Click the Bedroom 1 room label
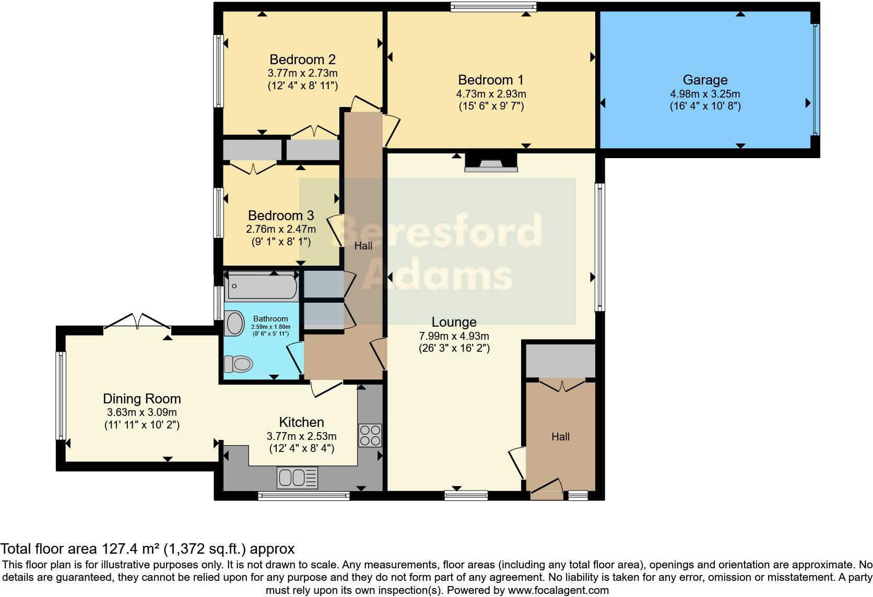(490, 80)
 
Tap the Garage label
(705, 80)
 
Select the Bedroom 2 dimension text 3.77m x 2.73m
(303, 73)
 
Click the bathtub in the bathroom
(262, 286)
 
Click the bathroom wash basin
(234, 324)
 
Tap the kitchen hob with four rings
(370, 436)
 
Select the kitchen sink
(297, 477)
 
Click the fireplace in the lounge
(491, 163)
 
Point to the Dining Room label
(141, 399)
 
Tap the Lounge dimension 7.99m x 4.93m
(454, 336)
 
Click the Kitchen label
(301, 422)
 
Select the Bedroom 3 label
(281, 216)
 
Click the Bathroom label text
(270, 319)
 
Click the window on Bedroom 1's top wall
(493, 7)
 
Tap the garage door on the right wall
(816, 79)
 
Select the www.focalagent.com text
(558, 590)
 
